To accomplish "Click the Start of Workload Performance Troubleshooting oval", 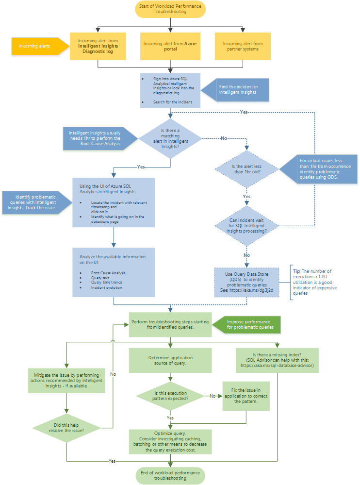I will pos(170,9).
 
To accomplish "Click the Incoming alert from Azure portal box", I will pos(170,46).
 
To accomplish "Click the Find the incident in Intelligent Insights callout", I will pos(238,88).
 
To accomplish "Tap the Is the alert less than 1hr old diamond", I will pos(247,169).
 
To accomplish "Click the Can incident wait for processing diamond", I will pos(247,224).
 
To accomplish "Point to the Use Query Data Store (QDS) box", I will pos(247,282).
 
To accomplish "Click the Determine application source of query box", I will pos(170,360).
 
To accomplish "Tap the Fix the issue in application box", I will pos(246,396).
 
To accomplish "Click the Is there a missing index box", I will pos(277,360).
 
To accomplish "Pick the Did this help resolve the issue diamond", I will pos(66,428).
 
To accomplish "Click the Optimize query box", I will pos(170,441).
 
